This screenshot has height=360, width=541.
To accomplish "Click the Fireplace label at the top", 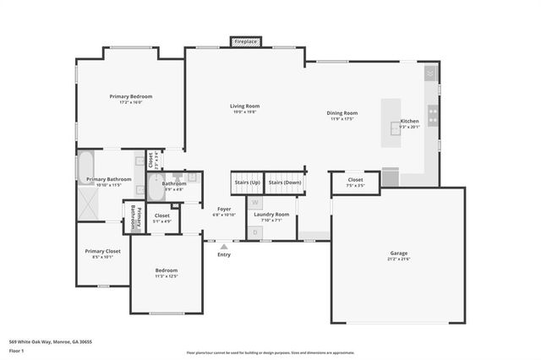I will click(246, 41).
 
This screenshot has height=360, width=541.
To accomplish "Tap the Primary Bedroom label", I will click(130, 96).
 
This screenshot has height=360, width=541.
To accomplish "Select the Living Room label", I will click(243, 106).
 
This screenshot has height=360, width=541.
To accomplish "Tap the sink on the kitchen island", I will click(395, 128).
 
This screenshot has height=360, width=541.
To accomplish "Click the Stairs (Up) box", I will click(246, 183).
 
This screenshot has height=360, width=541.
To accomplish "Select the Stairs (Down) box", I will click(284, 183).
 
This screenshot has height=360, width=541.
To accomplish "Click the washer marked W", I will click(255, 204).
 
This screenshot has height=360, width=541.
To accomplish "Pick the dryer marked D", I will click(255, 232).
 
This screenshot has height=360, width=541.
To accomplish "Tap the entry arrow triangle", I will click(224, 247).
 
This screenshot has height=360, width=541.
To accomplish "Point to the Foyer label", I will click(224, 208).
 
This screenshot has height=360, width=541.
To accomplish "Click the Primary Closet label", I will click(101, 251).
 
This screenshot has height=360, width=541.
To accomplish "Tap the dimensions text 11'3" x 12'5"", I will click(166, 276).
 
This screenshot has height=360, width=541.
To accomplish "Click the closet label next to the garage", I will click(355, 179).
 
